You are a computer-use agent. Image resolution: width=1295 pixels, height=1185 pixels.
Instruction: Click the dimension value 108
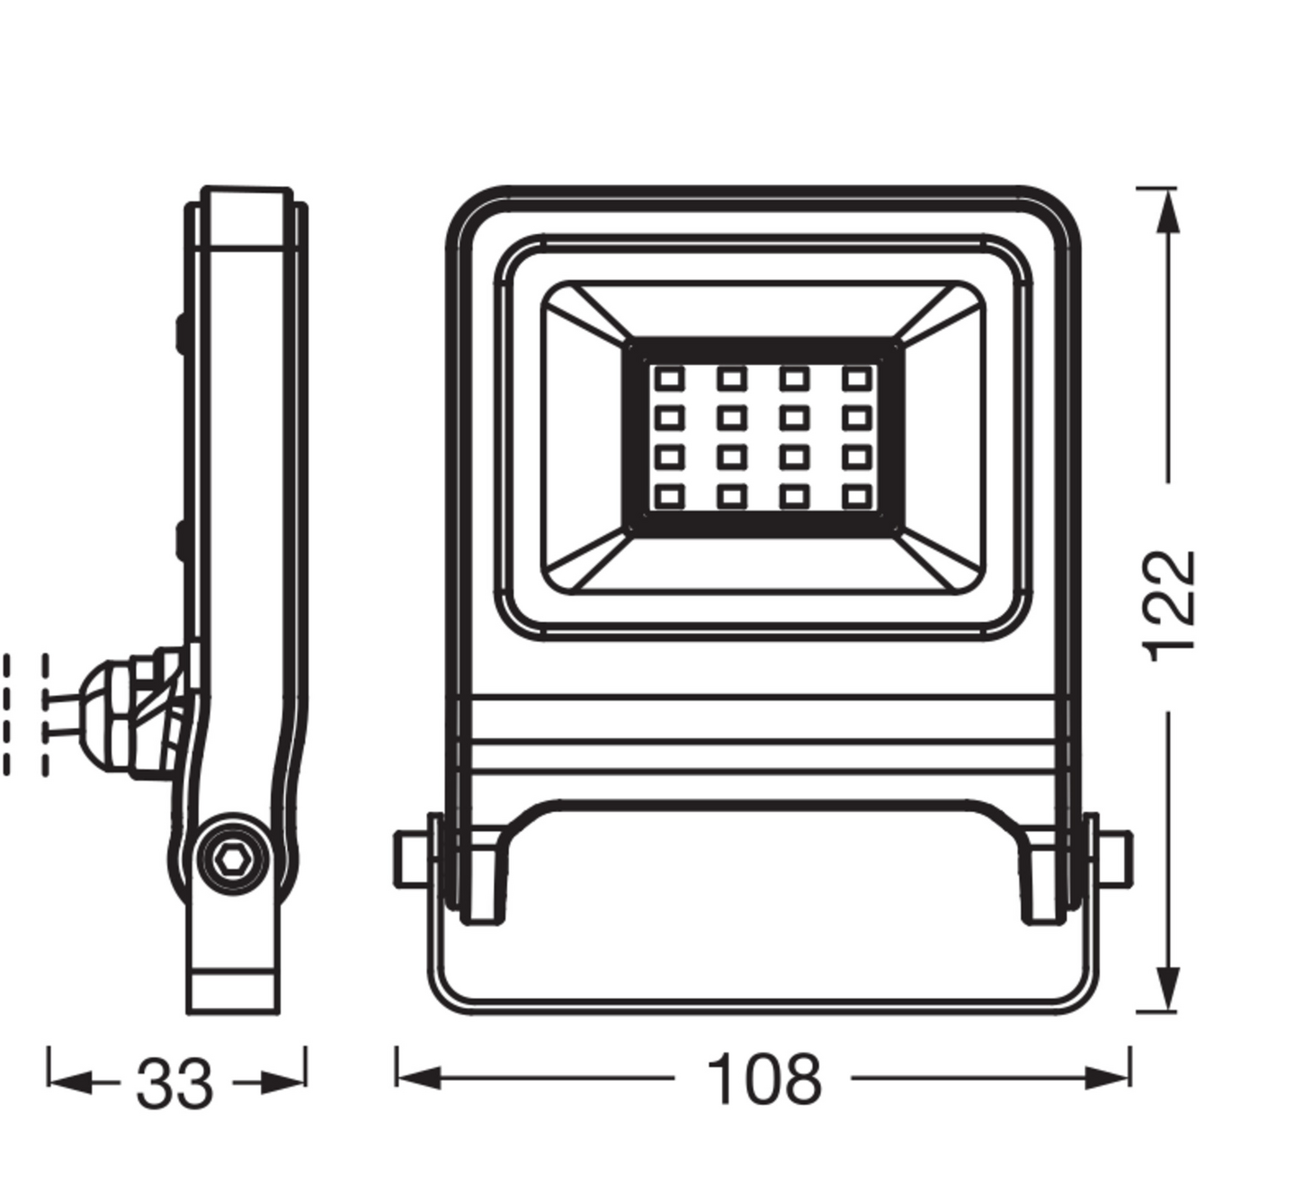click(764, 1079)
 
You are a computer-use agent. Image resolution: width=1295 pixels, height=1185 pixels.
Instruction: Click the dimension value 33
click(174, 1084)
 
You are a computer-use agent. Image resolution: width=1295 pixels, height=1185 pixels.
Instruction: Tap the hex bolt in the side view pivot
click(233, 861)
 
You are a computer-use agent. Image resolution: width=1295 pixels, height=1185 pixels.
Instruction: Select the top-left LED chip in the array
click(669, 379)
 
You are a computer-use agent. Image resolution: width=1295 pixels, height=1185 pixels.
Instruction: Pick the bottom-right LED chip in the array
click(857, 495)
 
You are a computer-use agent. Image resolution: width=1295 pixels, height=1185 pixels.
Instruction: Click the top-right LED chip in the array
click(857, 379)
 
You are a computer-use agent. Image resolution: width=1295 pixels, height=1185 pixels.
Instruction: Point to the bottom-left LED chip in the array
click(669, 495)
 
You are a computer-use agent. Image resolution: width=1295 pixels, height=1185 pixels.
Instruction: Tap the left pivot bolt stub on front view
click(410, 860)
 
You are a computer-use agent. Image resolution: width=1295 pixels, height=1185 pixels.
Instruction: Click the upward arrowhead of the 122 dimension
click(1166, 212)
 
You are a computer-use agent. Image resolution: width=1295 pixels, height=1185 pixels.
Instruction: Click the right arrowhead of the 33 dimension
click(283, 1083)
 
